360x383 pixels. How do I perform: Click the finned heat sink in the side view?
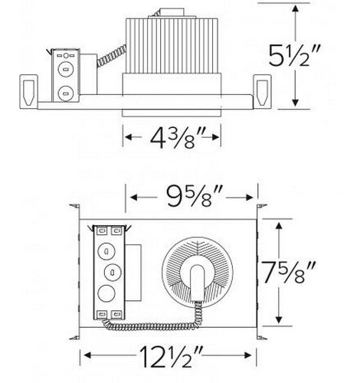[173, 45]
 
